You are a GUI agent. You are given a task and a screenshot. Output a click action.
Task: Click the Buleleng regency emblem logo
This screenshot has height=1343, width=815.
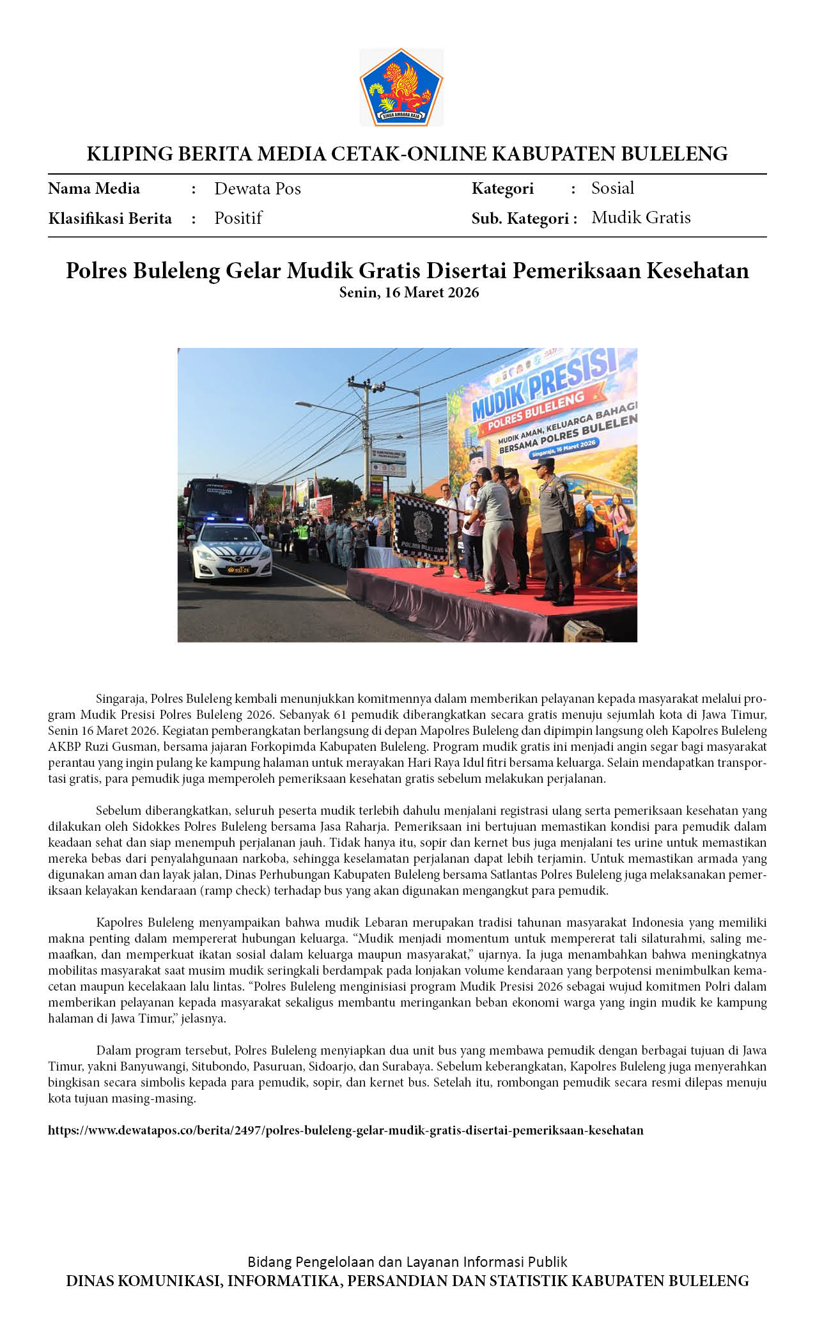click(401, 87)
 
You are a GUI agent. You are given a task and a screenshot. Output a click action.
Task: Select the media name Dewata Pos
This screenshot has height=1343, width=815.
click(257, 189)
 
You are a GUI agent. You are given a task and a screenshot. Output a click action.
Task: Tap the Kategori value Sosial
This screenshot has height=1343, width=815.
click(612, 188)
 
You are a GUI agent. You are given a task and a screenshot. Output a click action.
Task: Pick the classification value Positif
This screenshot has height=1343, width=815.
click(238, 218)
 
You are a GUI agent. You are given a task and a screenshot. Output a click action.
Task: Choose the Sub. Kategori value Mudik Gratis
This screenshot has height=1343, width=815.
click(640, 217)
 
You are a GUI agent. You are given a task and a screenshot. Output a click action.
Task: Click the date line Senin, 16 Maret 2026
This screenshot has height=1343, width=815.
click(408, 293)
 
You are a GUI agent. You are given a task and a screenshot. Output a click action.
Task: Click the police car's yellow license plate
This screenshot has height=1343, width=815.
click(238, 569)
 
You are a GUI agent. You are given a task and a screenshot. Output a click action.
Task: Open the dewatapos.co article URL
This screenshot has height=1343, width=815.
click(345, 1130)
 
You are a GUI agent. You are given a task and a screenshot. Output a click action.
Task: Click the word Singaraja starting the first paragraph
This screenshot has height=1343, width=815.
click(121, 698)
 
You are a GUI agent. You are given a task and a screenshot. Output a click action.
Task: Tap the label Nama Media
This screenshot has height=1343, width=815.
click(94, 189)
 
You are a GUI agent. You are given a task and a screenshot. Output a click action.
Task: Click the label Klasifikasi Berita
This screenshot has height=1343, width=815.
click(110, 219)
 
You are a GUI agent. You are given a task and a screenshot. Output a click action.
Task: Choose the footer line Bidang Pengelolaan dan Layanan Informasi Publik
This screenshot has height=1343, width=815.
click(407, 1262)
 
